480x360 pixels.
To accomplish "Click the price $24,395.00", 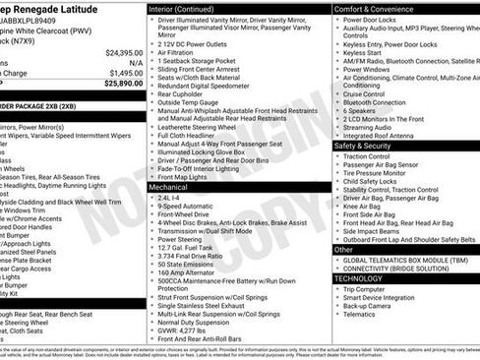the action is [x=124, y=52].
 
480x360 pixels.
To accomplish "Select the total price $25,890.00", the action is [x=124, y=86].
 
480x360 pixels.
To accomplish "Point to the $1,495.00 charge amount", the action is [x=126, y=73].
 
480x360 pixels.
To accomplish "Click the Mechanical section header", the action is [x=170, y=186].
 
